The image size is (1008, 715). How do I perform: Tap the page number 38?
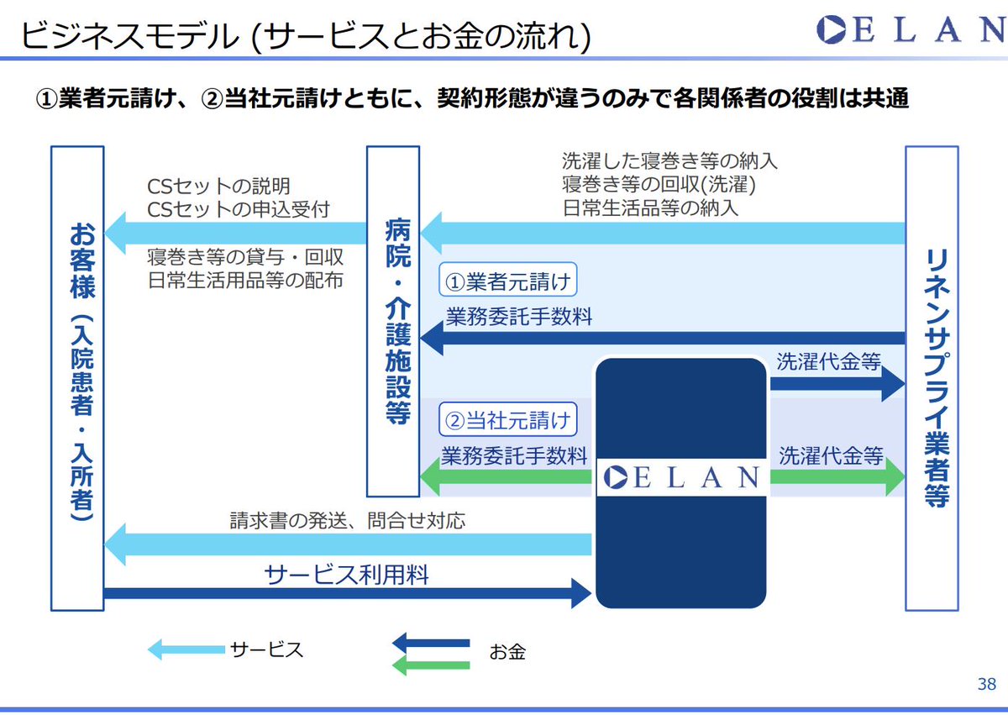point(987,683)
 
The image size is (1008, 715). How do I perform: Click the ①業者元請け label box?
point(507,281)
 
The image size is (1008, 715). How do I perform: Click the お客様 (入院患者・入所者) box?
point(77,378)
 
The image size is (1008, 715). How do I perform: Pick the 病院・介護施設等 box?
point(393,321)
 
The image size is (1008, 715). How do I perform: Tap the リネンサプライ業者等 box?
point(931,378)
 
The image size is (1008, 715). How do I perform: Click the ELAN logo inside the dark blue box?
point(681,478)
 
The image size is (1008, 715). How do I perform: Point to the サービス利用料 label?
point(346,576)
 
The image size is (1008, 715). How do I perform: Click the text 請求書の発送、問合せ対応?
point(347,521)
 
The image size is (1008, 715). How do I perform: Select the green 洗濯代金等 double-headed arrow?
point(837,479)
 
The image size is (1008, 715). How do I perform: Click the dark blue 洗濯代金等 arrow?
point(837,385)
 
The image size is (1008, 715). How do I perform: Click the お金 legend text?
point(507,651)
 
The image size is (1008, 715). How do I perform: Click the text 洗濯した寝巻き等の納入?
point(670,160)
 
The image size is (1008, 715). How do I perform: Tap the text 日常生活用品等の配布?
point(244,281)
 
